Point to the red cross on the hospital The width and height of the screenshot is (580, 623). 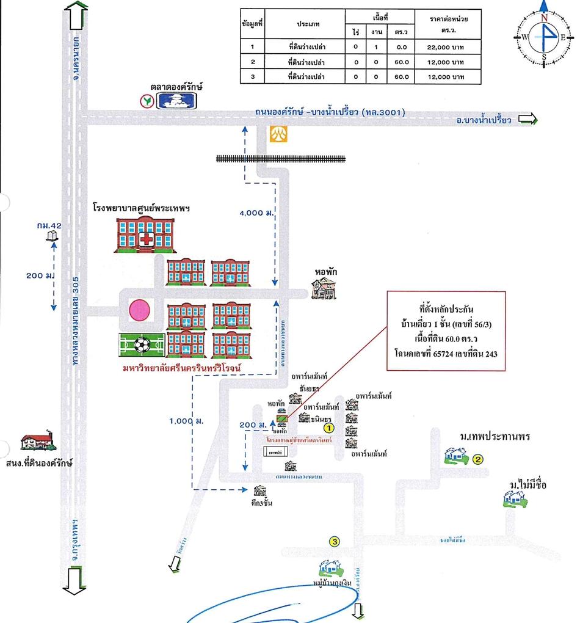click(146, 240)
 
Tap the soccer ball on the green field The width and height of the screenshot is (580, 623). click(142, 346)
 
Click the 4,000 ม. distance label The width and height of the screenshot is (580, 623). click(255, 212)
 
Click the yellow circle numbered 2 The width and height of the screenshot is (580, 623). click(479, 460)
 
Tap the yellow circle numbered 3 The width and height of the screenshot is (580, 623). click(334, 541)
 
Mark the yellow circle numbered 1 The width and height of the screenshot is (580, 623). click(327, 430)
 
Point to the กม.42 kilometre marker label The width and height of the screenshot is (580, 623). click(48, 226)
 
